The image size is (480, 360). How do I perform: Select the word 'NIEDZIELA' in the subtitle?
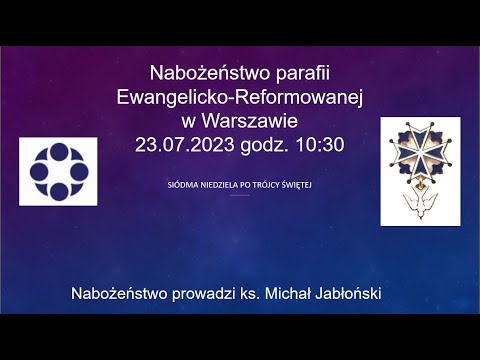[x=220, y=185]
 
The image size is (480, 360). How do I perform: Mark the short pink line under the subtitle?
[x=240, y=195]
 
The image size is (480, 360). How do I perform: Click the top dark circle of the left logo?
[x=58, y=150]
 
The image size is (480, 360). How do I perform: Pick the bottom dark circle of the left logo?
[x=58, y=192]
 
